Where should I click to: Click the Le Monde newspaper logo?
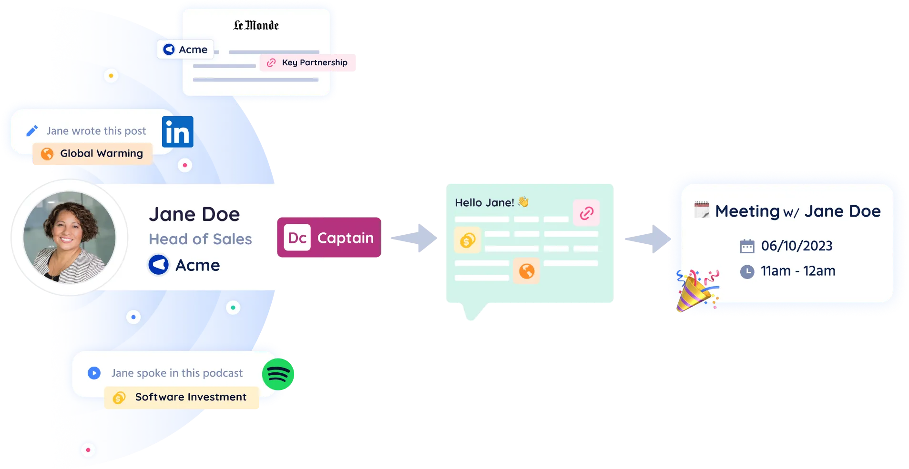click(256, 25)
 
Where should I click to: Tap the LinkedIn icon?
click(178, 132)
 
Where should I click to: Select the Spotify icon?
click(278, 374)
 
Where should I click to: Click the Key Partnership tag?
click(309, 63)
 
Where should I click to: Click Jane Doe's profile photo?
click(70, 237)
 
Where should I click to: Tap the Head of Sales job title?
click(200, 239)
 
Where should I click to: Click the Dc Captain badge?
click(329, 238)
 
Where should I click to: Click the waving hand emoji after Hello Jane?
click(523, 202)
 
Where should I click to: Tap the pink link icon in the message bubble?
click(586, 213)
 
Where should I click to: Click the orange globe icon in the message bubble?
click(526, 271)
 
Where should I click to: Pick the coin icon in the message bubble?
click(468, 240)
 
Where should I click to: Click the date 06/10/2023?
click(797, 246)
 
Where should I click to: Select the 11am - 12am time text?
click(798, 271)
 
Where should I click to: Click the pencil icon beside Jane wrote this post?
click(32, 130)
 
